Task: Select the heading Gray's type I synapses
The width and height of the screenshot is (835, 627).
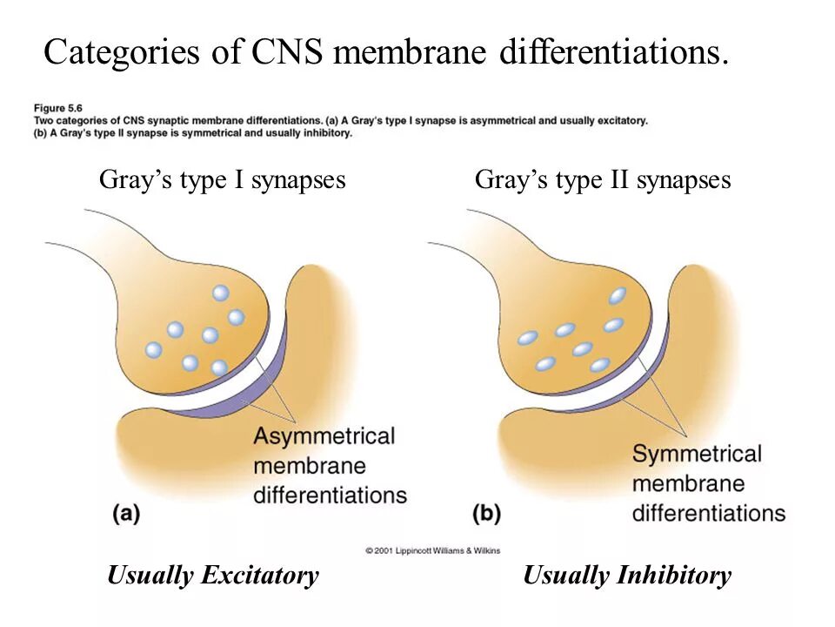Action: pos(223,180)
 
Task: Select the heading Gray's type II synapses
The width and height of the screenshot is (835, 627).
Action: pos(603,180)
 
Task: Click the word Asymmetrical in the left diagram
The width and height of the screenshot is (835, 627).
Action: pos(324,435)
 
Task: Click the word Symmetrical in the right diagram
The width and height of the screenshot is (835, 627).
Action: pos(697,454)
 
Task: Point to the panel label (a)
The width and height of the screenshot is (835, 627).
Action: pos(126,514)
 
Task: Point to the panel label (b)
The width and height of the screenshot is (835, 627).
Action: pos(486,514)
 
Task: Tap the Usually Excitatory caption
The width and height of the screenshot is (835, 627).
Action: pos(213,576)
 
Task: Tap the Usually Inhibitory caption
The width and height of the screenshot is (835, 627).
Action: pos(627,576)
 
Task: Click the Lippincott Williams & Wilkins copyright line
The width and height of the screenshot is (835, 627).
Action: pos(432,550)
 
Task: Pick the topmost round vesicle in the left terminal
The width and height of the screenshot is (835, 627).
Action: pos(221,293)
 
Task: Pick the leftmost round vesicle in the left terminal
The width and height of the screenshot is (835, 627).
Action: pos(154,350)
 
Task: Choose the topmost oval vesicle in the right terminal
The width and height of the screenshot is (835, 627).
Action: pos(618,296)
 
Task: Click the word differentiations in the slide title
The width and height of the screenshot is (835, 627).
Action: pos(613,53)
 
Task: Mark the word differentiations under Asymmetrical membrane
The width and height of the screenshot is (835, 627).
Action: pos(330,496)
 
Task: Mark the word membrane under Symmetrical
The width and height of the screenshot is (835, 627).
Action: pos(689,483)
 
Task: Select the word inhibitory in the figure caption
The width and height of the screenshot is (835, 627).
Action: pos(327,133)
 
